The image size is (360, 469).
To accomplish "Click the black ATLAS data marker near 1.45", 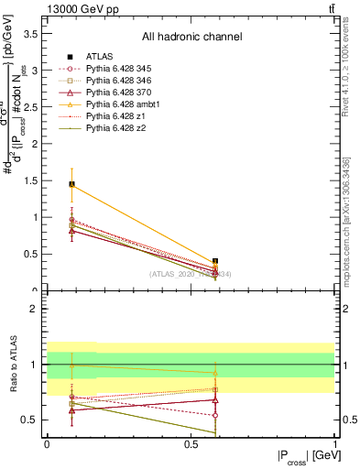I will (x=71, y=184).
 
